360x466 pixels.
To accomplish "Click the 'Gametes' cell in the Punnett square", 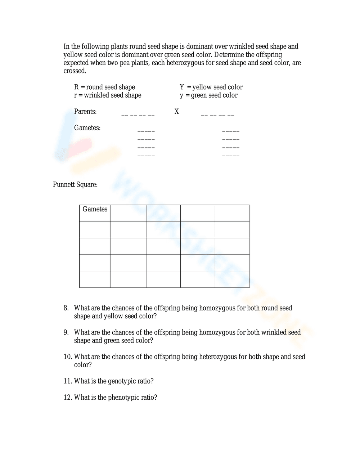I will coord(95,209).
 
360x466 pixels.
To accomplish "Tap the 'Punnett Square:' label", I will coord(75,185).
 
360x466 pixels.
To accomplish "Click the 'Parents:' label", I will coord(85,112).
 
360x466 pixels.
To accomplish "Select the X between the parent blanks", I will coord(176,112).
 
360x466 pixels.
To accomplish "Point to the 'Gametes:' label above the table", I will coord(87,128).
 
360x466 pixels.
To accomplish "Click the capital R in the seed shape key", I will coord(76,87).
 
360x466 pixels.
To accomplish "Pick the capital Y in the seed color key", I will coord(182,87).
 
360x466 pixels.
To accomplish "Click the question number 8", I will coord(66,308).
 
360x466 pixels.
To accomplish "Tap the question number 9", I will coord(66,332).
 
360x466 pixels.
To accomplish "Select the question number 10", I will coord(68,357).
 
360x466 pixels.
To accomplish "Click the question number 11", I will coord(68,381).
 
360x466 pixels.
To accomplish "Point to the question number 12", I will coord(68,398).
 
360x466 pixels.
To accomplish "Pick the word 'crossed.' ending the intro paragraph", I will coord(75,71).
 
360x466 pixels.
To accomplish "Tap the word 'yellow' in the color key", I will coord(202,87).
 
